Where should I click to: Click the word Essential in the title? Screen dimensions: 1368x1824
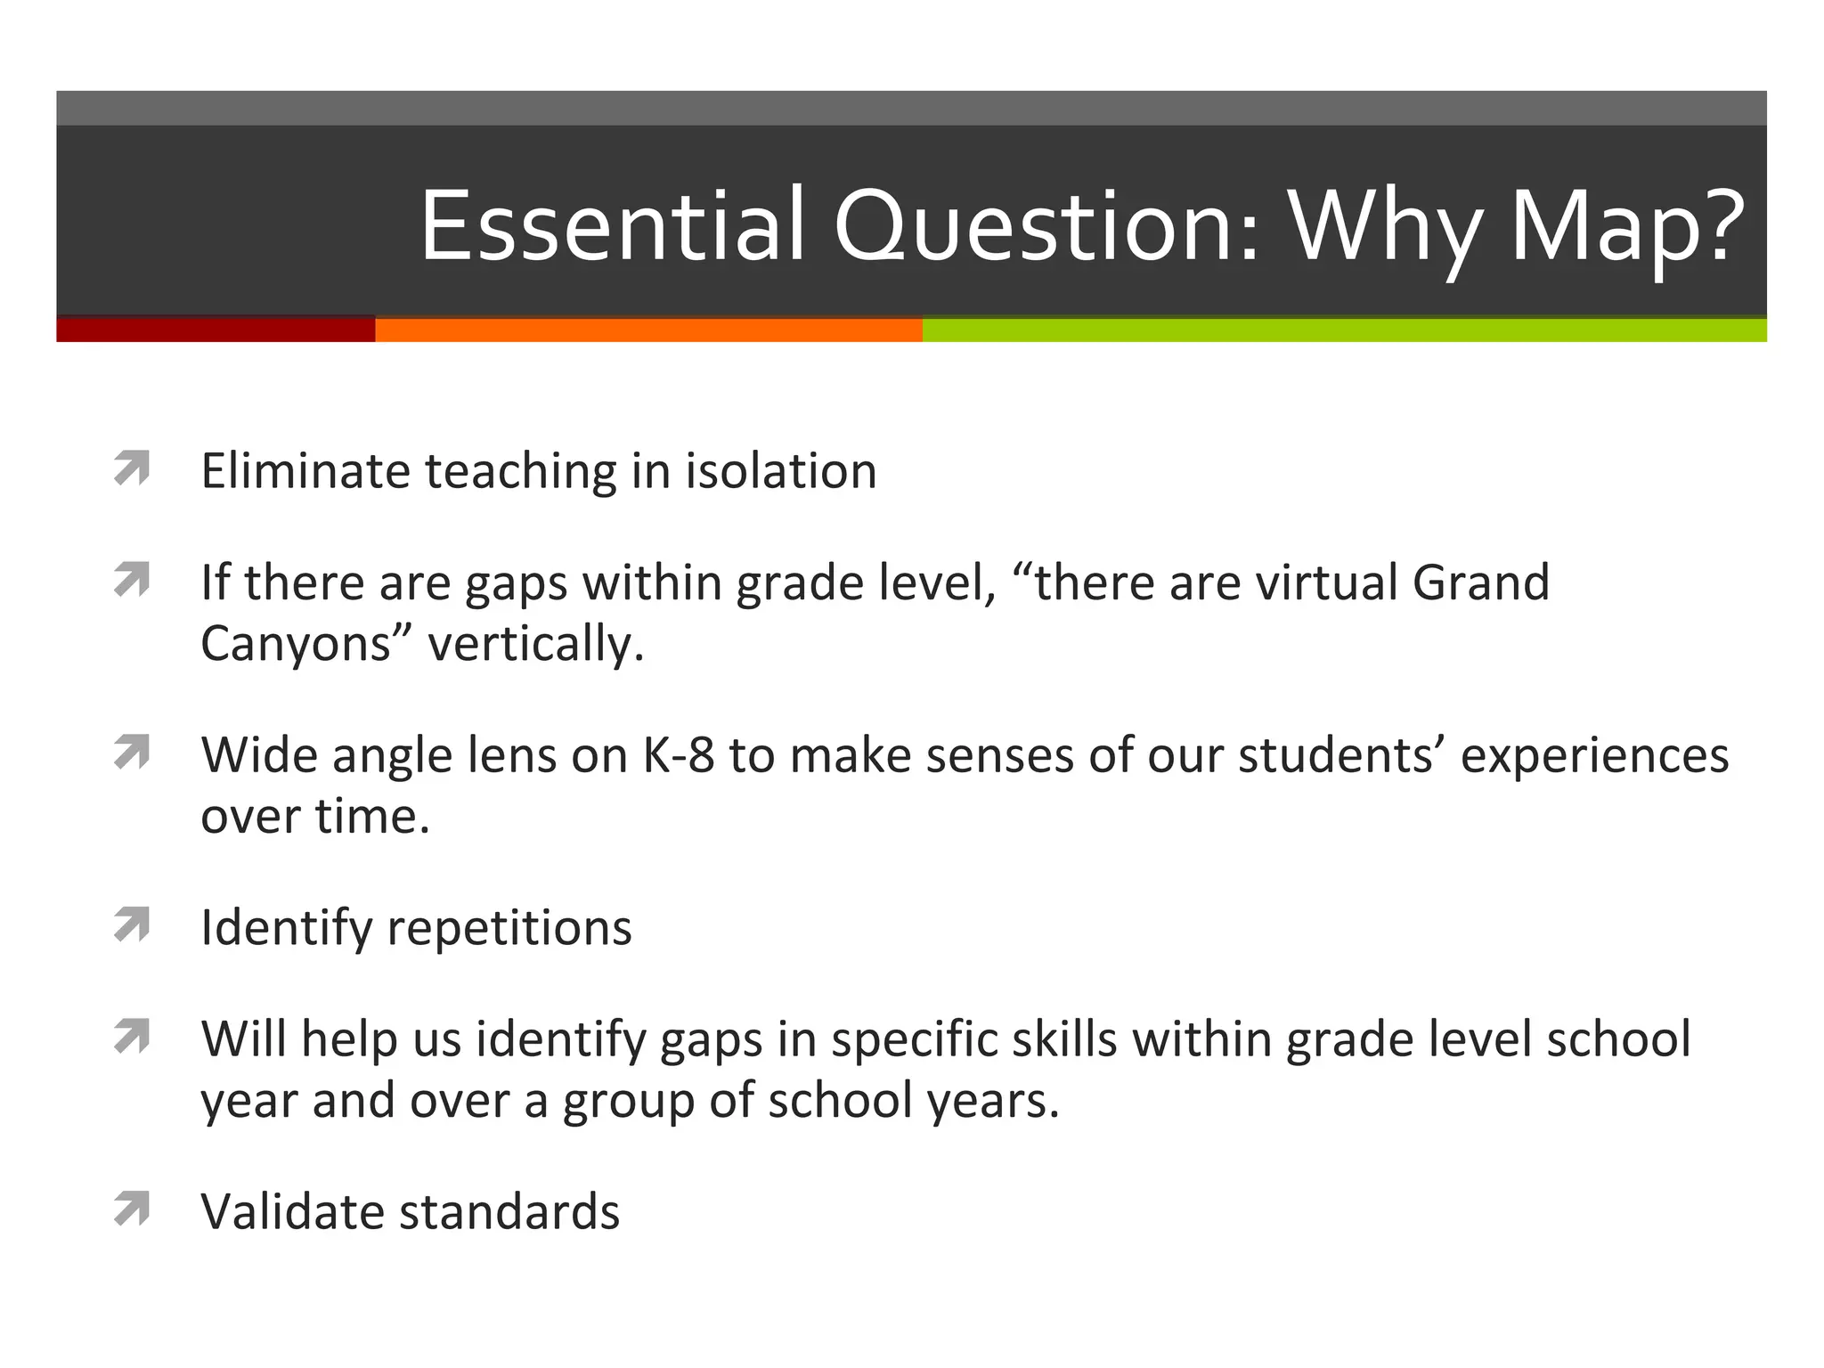click(613, 225)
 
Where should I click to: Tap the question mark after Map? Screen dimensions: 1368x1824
click(1716, 225)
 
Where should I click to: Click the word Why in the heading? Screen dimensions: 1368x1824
click(1385, 230)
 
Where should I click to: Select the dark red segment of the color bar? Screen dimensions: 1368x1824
click(216, 330)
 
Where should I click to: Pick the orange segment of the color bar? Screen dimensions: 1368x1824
click(648, 330)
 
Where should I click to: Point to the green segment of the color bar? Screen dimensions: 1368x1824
click(1344, 330)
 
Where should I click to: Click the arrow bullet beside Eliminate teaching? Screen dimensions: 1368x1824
click(132, 468)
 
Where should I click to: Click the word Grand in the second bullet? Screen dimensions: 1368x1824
click(1480, 582)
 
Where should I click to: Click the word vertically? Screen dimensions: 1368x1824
click(535, 643)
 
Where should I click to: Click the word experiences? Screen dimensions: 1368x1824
click(1594, 755)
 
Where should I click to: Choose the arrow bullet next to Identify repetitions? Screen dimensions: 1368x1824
click(132, 925)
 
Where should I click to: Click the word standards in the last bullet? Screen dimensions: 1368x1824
click(509, 1211)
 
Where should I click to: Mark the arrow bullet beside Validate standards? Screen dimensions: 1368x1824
click(132, 1209)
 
